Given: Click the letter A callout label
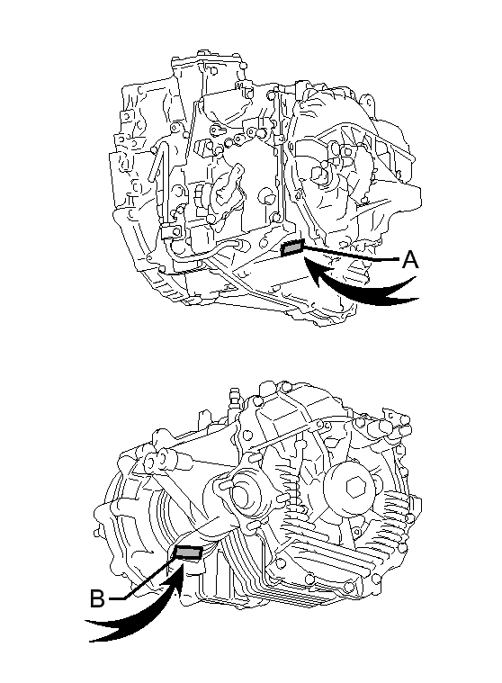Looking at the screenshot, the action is (x=410, y=260).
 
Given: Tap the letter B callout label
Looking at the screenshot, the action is (x=97, y=598).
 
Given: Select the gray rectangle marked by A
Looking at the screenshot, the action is (x=292, y=247).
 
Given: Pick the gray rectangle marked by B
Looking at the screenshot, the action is (x=188, y=553).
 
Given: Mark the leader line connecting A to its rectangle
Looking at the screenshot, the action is (x=351, y=254).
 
